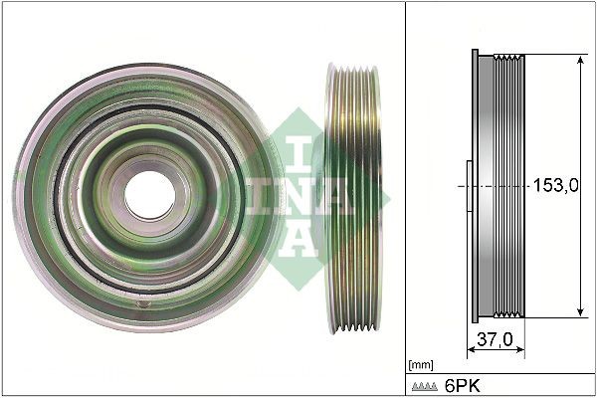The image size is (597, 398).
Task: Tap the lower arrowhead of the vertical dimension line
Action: click(x=580, y=312)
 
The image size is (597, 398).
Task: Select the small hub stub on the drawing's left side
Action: click(x=466, y=186)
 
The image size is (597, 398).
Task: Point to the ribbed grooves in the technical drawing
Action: click(x=513, y=186)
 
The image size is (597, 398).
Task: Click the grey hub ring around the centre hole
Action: click(x=149, y=159)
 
